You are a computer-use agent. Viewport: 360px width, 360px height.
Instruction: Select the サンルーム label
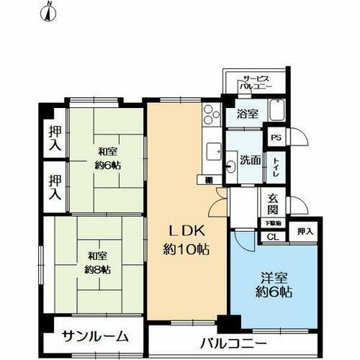pyautogui.click(x=95, y=336)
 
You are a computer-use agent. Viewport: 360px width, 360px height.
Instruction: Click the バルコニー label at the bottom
pyautogui.click(x=233, y=343)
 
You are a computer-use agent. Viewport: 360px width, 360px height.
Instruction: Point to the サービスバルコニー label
pyautogui.click(x=257, y=83)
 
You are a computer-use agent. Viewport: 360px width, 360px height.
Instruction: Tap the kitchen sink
pyautogui.click(x=212, y=151)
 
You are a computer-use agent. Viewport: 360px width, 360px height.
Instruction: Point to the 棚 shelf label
pyautogui.click(x=208, y=180)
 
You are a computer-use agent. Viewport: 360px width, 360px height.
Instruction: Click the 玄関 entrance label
pyautogui.click(x=274, y=205)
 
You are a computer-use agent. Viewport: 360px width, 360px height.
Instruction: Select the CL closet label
pyautogui.click(x=272, y=236)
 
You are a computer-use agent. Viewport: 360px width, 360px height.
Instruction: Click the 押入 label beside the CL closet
pyautogui.click(x=305, y=231)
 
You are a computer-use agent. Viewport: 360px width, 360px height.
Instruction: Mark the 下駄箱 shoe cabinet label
pyautogui.click(x=273, y=224)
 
